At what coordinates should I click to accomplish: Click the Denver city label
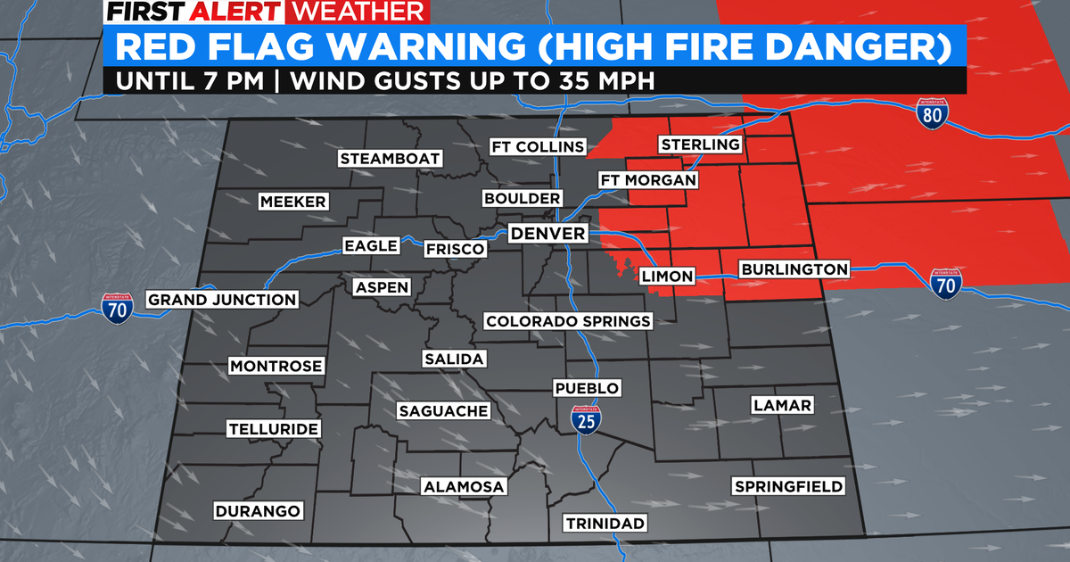548,234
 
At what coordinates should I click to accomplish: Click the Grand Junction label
222,300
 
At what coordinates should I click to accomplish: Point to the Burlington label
794,269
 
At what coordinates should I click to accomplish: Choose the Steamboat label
390,159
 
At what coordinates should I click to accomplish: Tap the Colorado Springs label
568,321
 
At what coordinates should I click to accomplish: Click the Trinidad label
605,523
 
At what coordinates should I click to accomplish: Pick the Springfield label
788,486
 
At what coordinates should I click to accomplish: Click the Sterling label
700,145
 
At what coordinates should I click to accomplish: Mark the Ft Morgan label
647,180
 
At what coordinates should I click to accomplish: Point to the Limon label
668,277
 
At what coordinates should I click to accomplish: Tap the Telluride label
273,429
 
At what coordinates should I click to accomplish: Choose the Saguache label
443,410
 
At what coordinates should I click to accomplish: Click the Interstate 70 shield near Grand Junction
117,307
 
